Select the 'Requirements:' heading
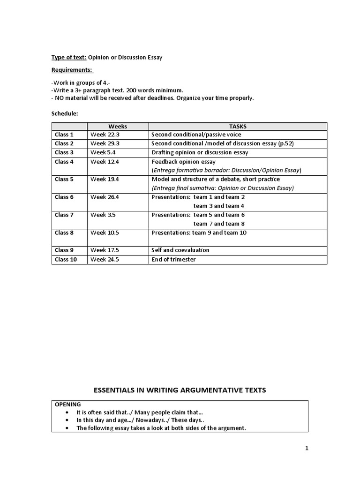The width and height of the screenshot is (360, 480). [72, 70]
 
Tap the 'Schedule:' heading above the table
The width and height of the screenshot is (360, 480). [65, 113]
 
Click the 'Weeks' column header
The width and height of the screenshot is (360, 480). [118, 126]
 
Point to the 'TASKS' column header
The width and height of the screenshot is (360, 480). [238, 126]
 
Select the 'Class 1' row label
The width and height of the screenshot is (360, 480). [64, 135]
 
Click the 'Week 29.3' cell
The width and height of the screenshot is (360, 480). [105, 143]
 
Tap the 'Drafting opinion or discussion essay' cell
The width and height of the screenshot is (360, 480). [200, 152]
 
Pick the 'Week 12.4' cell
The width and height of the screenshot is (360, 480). [105, 162]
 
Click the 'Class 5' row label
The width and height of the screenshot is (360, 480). [64, 179]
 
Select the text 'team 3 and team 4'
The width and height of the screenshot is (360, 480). [219, 206]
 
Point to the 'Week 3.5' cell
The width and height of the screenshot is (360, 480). [103, 215]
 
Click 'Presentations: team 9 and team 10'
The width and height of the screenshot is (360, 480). [199, 232]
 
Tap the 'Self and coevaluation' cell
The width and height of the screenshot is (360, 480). [180, 250]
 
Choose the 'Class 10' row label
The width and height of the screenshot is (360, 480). [66, 259]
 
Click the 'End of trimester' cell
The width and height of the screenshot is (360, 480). [173, 259]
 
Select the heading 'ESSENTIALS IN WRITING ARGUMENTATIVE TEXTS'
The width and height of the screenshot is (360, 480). [180, 390]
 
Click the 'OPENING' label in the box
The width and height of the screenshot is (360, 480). [68, 404]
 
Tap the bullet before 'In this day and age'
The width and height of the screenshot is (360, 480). [68, 420]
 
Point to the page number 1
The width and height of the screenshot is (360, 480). [307, 448]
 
